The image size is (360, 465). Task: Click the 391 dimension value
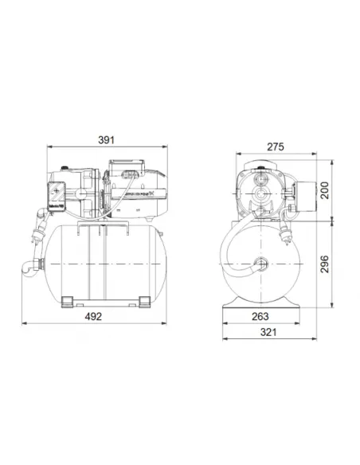(x=107, y=140)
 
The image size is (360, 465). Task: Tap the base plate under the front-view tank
(x=264, y=304)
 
